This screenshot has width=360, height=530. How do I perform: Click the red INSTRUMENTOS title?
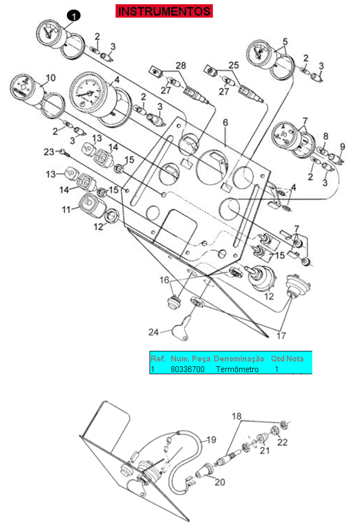[164, 11]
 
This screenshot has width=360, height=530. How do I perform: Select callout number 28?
[181, 65]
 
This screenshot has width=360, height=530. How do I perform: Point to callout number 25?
[234, 65]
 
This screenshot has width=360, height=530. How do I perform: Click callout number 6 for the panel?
[225, 122]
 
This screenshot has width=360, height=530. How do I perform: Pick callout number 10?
[50, 78]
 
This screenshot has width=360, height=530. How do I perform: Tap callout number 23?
[49, 152]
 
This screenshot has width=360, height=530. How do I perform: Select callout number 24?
[153, 333]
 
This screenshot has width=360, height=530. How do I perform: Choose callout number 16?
[165, 279]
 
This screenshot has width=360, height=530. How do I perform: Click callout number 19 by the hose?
[211, 439]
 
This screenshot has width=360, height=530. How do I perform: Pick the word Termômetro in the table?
[237, 369]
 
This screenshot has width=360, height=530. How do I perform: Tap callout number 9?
[342, 146]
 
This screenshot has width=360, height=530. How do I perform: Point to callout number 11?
[66, 209]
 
